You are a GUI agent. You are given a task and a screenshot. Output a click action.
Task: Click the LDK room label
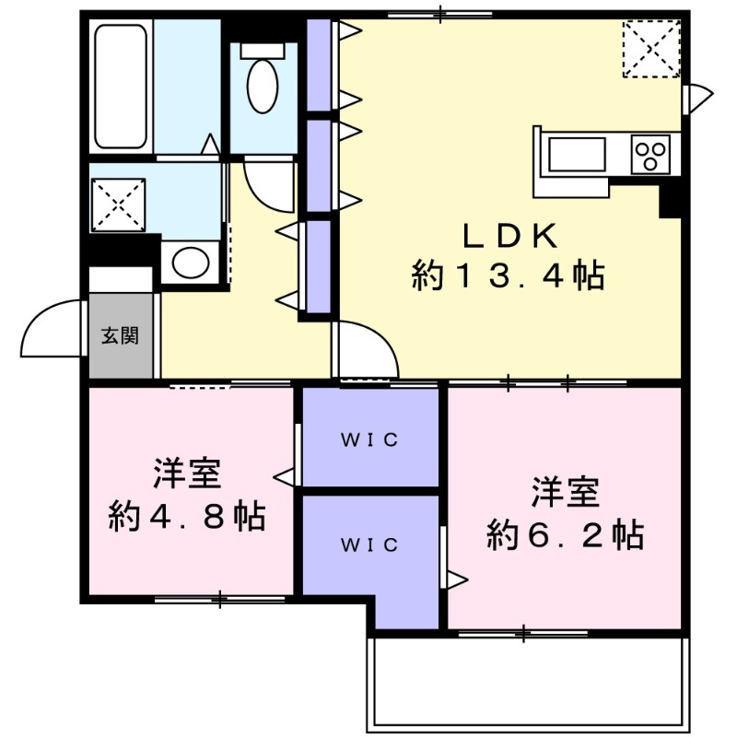tap(509, 236)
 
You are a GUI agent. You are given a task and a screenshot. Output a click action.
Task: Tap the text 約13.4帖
tap(509, 275)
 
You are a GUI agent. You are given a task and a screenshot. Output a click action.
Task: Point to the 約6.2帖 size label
tap(565, 534)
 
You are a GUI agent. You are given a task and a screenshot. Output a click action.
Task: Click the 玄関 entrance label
tap(120, 335)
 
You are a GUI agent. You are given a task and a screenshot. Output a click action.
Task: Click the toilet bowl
tap(263, 83)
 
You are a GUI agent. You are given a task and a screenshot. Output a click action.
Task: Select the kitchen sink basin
tap(577, 154)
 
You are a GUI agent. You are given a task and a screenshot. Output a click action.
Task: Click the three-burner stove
tap(649, 154)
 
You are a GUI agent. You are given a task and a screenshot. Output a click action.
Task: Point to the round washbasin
tap(191, 263)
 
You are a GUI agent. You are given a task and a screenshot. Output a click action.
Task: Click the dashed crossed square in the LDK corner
tap(651, 49)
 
